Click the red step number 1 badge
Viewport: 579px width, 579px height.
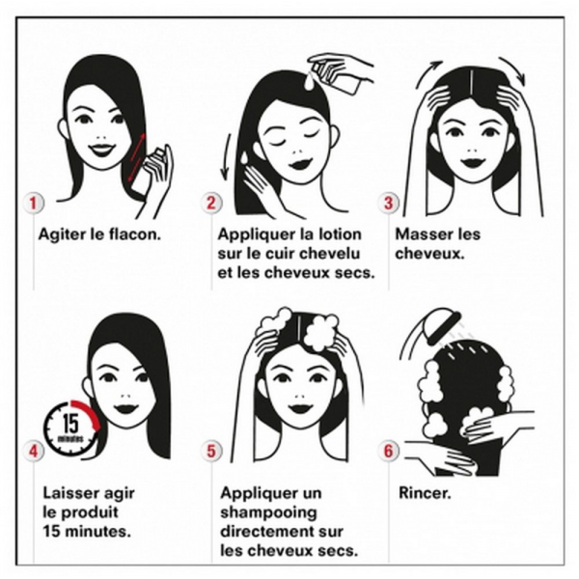(x=33, y=203)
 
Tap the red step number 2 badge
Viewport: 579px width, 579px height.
(x=210, y=203)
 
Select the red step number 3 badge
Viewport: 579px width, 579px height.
(x=388, y=203)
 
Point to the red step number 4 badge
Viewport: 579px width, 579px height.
(x=33, y=452)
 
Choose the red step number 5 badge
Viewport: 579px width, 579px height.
(x=210, y=452)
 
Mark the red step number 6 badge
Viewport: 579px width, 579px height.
(x=388, y=452)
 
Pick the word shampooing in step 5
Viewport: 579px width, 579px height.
(x=268, y=513)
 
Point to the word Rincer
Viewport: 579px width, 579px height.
(x=425, y=493)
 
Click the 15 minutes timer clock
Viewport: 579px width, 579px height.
(x=72, y=427)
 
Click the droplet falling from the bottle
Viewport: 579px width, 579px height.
(x=310, y=81)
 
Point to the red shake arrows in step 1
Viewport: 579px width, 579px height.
(x=137, y=157)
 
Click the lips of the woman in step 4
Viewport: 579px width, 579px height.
(x=125, y=409)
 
